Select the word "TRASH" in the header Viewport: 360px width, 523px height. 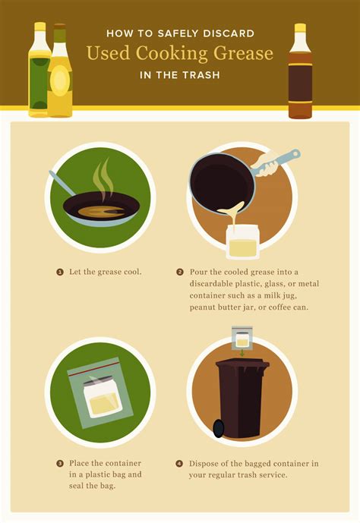point(201,75)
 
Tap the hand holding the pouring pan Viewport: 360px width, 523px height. point(267,162)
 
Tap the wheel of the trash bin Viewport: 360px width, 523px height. point(219,428)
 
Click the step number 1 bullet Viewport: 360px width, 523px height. point(59,272)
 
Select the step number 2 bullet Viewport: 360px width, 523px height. point(180,272)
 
